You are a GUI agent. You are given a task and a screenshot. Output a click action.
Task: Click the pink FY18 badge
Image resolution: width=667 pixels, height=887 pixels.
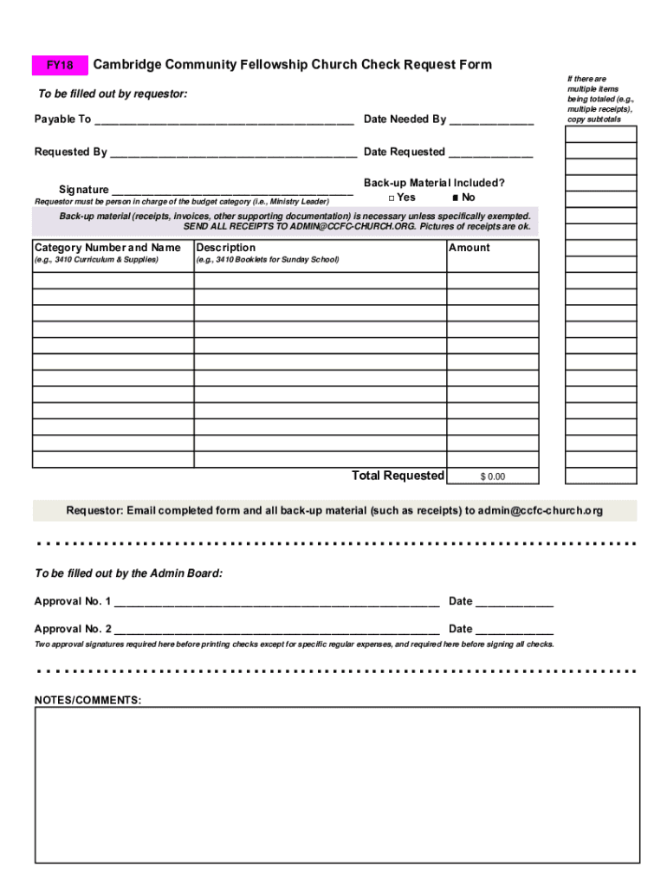[60, 66]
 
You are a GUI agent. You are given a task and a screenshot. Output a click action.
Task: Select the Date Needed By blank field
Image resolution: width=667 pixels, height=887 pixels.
[491, 120]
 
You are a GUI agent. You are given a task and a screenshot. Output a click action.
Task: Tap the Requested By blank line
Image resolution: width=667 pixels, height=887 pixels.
[233, 153]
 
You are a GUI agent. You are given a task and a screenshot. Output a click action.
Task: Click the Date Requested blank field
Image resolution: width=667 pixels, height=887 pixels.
[490, 153]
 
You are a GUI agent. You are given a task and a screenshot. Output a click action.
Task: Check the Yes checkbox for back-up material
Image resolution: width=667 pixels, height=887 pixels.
[392, 197]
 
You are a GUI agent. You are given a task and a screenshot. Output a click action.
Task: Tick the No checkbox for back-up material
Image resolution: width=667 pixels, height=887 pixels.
[456, 197]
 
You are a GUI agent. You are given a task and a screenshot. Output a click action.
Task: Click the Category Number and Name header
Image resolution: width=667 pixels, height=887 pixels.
[107, 248]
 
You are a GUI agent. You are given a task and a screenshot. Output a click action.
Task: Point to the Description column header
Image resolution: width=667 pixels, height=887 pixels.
[226, 248]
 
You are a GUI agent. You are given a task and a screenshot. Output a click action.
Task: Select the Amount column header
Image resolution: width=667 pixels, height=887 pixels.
[469, 248]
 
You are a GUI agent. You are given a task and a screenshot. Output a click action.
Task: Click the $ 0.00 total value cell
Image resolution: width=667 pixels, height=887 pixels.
[493, 476]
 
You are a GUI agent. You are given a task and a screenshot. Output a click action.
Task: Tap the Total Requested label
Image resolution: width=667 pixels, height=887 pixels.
[398, 476]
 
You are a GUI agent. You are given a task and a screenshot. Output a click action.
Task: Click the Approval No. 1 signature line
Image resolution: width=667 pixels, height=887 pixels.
[276, 602]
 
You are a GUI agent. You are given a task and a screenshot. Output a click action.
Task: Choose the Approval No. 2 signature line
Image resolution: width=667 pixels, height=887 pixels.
[276, 630]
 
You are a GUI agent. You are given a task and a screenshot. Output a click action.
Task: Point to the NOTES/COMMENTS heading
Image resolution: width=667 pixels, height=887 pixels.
[87, 700]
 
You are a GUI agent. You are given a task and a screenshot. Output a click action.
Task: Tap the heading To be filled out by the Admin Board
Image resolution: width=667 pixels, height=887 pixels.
[128, 573]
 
